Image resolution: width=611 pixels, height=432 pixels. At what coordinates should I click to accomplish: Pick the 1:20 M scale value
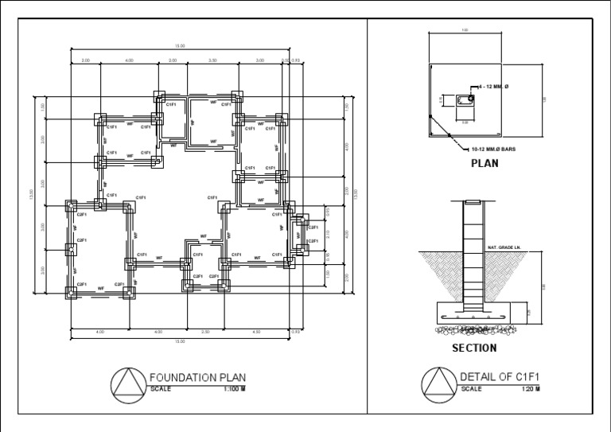[531, 389]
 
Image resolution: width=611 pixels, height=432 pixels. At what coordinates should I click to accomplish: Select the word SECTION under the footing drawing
[474, 348]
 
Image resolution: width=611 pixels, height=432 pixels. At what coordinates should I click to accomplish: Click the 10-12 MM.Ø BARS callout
[493, 149]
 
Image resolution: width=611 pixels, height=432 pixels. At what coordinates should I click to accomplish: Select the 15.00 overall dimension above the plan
[181, 46]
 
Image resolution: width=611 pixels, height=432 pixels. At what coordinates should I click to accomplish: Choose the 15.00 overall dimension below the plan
[180, 341]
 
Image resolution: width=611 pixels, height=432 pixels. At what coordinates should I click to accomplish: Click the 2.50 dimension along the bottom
[205, 331]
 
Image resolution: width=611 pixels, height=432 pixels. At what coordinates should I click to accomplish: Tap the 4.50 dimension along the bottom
[256, 331]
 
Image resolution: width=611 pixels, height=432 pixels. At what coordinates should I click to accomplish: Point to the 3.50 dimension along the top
[212, 60]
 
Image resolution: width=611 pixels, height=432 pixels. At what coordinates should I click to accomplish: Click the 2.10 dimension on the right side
[327, 233]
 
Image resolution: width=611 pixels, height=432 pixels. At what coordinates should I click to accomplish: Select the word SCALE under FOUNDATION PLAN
[161, 389]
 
